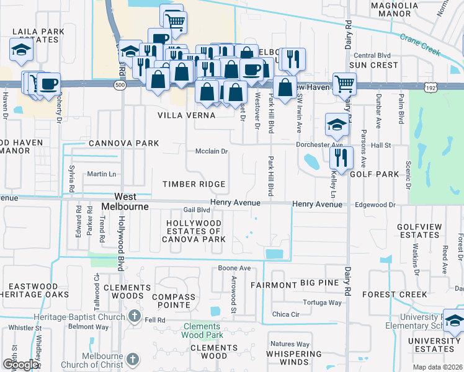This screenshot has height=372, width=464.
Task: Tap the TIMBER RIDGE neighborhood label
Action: click(x=194, y=184)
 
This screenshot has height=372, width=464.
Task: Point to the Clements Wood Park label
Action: click(x=201, y=330)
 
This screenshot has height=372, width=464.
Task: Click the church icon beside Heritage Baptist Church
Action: click(x=133, y=317)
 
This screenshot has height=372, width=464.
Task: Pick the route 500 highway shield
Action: click(x=120, y=83)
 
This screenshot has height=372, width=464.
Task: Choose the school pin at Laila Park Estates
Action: click(x=20, y=49)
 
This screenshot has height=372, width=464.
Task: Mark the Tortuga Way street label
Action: click(x=322, y=303)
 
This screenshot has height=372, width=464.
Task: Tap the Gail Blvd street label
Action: click(x=197, y=210)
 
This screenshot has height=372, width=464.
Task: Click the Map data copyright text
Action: click(x=438, y=367)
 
